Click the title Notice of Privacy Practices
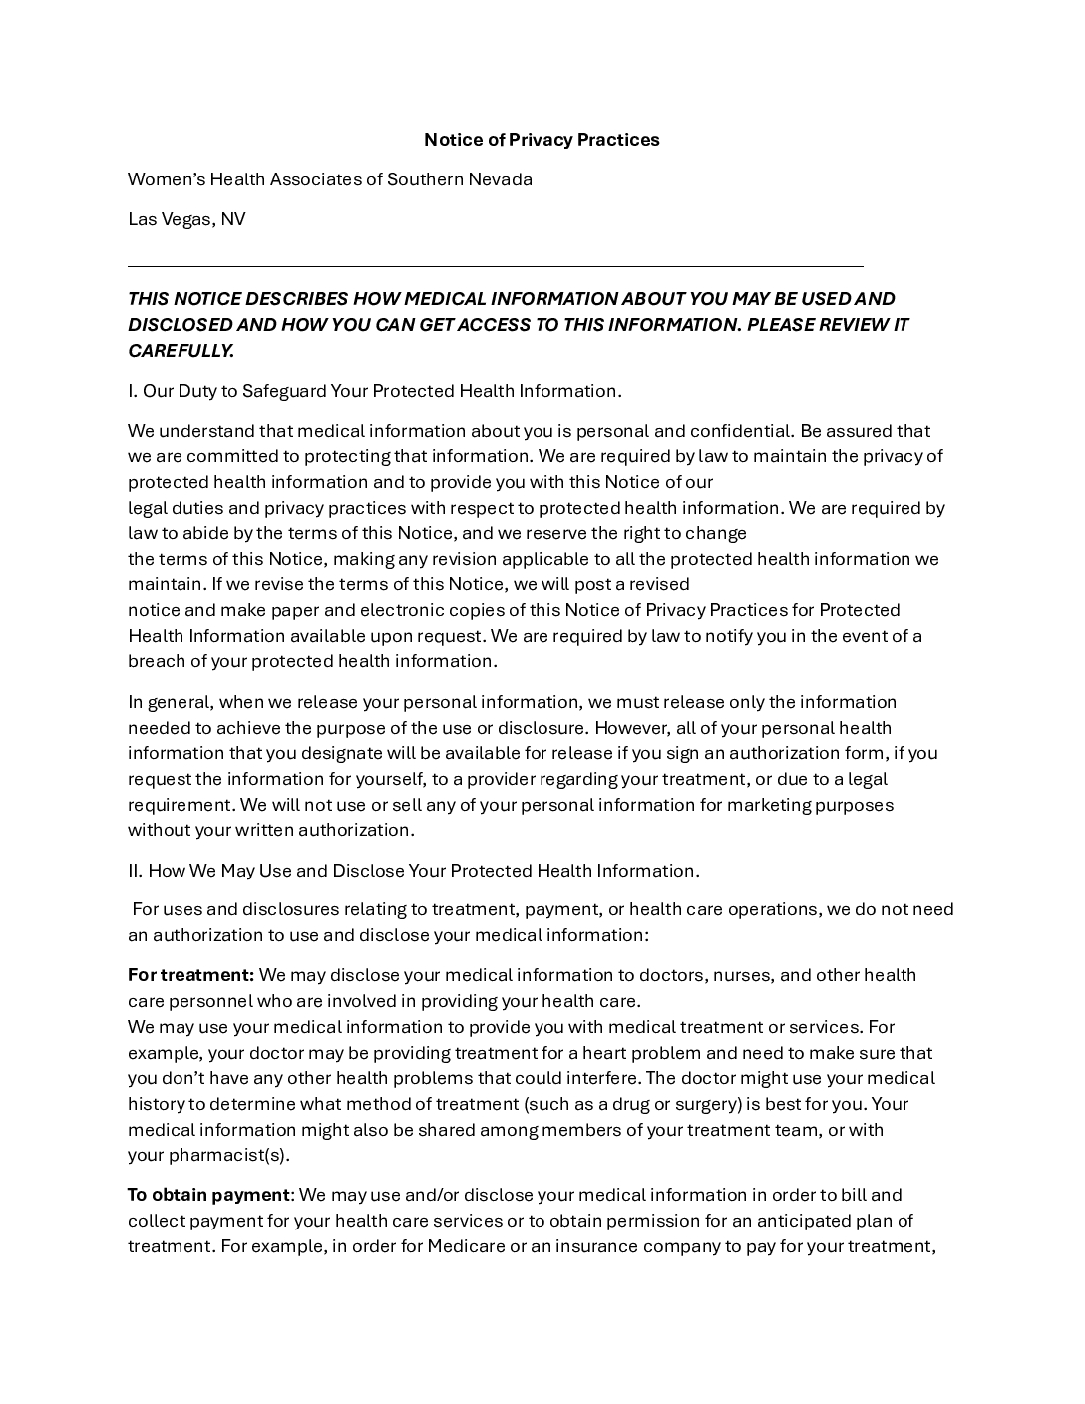click(x=542, y=140)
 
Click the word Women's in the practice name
click(x=165, y=179)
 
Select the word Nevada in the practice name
click(x=501, y=179)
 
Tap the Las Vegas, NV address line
click(x=186, y=219)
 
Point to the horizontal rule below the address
click(x=495, y=266)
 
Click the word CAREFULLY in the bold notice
click(x=181, y=351)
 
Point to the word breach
click(x=156, y=661)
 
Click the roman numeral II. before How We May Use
click(x=136, y=871)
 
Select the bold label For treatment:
click(x=190, y=975)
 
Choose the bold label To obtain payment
click(x=208, y=1195)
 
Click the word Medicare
click(x=466, y=1246)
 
